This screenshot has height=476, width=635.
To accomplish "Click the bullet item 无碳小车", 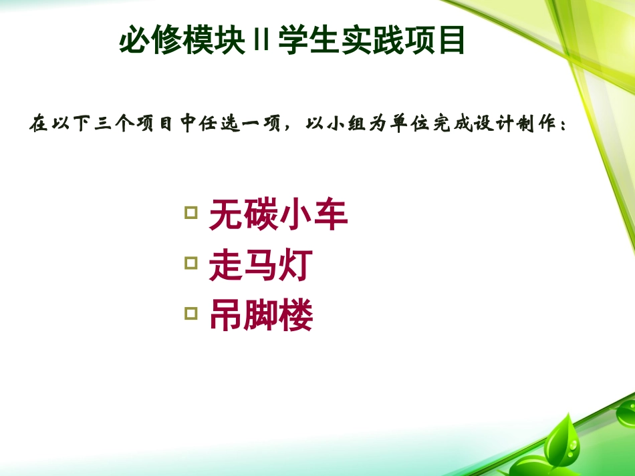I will [x=278, y=217].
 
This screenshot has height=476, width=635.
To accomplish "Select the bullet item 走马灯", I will [x=261, y=266].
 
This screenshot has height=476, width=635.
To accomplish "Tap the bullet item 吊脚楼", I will [x=261, y=316].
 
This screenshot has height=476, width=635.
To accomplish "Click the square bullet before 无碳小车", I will [x=190, y=213].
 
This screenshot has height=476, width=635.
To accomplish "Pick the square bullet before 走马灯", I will [x=190, y=262].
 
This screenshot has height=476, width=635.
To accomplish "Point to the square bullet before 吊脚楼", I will [x=190, y=312].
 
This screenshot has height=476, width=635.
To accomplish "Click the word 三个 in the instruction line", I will [x=112, y=125].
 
